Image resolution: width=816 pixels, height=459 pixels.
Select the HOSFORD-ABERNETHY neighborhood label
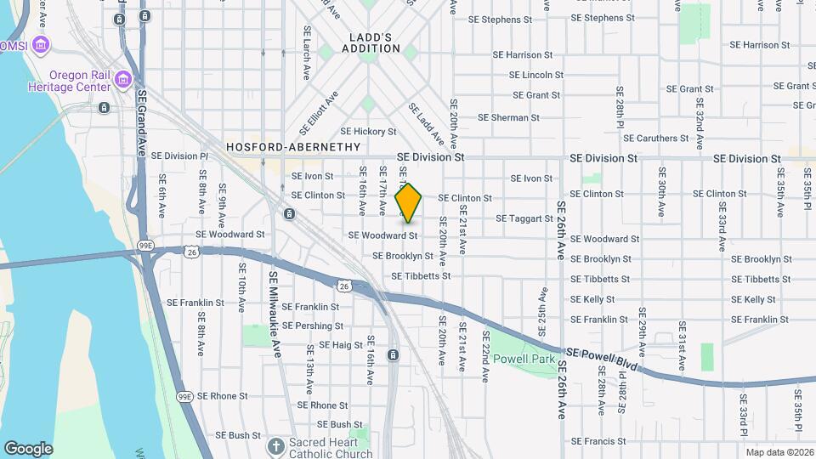tap(293, 147)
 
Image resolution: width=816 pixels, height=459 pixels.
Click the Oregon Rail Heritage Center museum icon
tap(123, 81)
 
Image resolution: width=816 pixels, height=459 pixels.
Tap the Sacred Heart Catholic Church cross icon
tap(275, 445)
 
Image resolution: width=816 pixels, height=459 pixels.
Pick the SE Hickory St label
tap(368, 132)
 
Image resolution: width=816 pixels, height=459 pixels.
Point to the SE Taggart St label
tap(524, 218)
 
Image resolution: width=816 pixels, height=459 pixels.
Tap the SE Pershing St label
tap(313, 326)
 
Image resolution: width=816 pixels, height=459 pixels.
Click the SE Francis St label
tap(598, 441)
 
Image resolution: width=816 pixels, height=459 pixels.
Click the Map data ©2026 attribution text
tap(779, 452)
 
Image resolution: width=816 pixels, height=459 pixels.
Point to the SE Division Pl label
tap(179, 156)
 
